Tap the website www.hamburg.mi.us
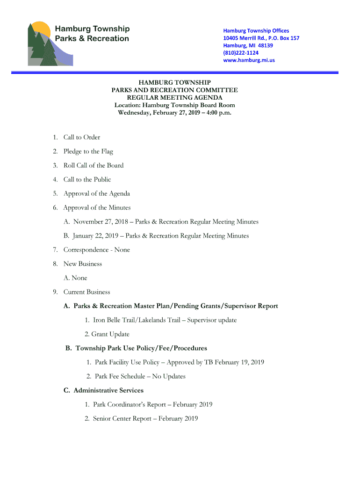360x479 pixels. click(x=249, y=60)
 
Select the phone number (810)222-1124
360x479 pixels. click(x=241, y=53)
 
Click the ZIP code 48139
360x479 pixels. click(x=265, y=45)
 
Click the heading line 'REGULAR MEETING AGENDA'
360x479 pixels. click(x=174, y=98)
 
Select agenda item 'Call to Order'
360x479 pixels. click(x=82, y=137)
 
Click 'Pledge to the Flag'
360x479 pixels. click(x=88, y=151)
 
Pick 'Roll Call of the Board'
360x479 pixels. click(x=94, y=165)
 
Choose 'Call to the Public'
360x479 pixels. click(x=87, y=179)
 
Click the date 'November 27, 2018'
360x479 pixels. click(x=100, y=222)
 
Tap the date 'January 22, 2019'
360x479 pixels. click(x=96, y=236)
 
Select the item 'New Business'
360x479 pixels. click(x=83, y=264)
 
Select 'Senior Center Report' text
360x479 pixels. click(x=122, y=419)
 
